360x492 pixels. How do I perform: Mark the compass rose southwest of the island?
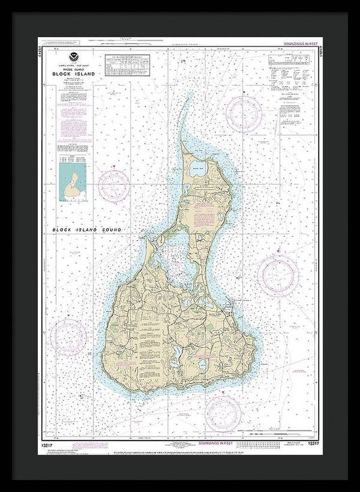tap(70, 335)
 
